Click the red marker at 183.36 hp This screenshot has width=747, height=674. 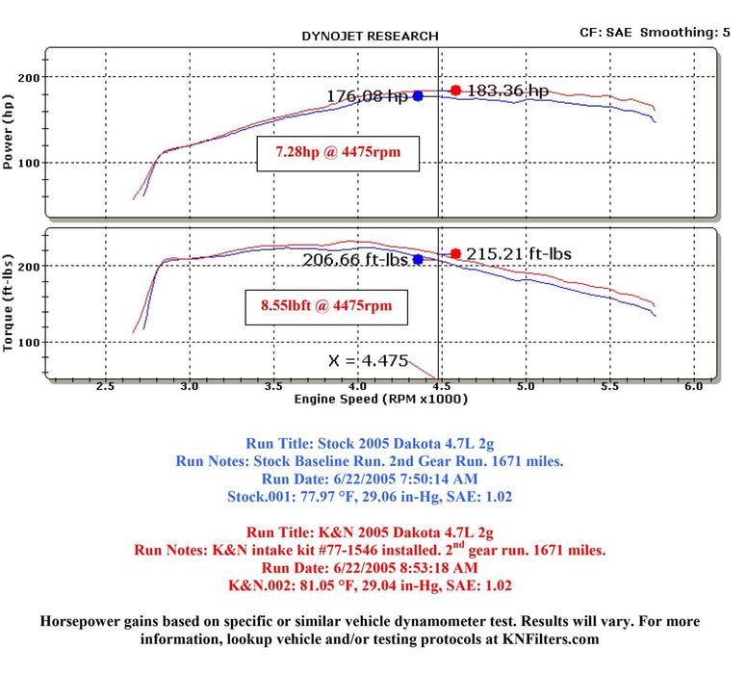(455, 91)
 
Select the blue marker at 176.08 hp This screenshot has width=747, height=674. (418, 96)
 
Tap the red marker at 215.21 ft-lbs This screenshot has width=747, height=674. (455, 254)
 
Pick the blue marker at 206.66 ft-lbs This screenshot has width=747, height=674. (418, 259)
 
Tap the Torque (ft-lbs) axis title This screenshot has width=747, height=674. (9, 301)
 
